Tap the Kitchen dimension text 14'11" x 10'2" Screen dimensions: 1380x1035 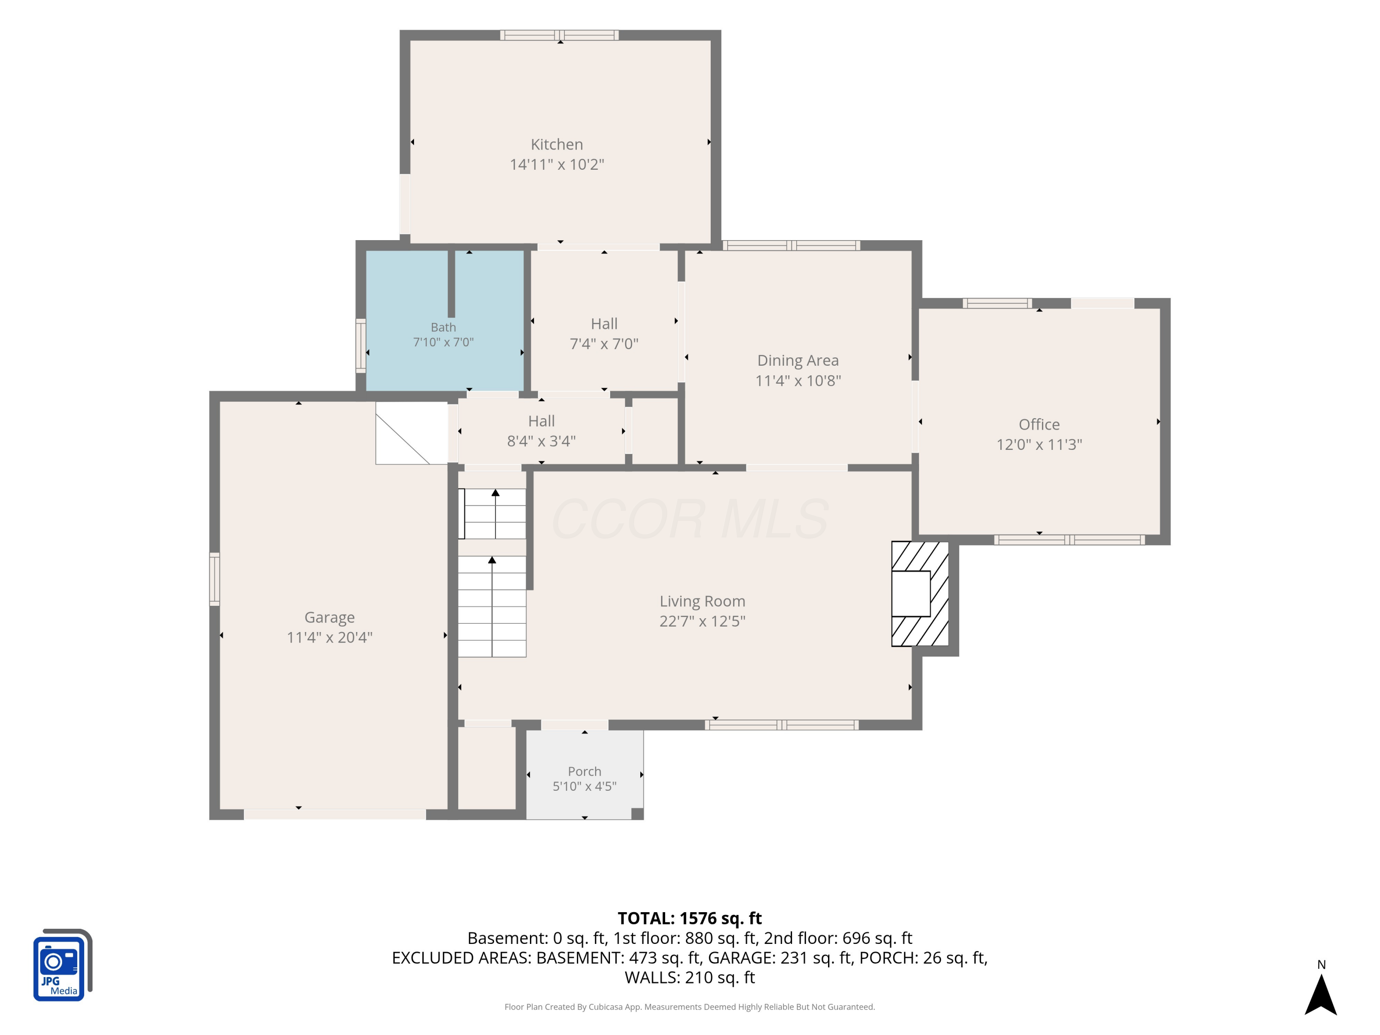tap(557, 164)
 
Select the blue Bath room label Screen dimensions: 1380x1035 tap(443, 327)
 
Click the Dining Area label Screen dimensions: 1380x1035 tap(798, 360)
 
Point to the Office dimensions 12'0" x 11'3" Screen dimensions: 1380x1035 tap(1039, 444)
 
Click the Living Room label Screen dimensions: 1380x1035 tap(702, 601)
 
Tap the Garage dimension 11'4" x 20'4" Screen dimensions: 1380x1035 tap(329, 637)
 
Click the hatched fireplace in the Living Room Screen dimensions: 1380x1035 tap(920, 593)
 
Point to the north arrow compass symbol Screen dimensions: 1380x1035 tap(1321, 995)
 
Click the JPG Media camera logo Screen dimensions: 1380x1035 tap(63, 965)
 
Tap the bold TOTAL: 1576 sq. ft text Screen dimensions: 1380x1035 tap(690, 918)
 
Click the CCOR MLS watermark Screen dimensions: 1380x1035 tap(690, 519)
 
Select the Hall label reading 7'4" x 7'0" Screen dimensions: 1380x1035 tap(604, 334)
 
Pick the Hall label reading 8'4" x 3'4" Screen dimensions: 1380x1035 tap(541, 431)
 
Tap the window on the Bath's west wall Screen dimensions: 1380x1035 tap(361, 345)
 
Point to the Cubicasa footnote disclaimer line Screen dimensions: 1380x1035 tap(690, 1006)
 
